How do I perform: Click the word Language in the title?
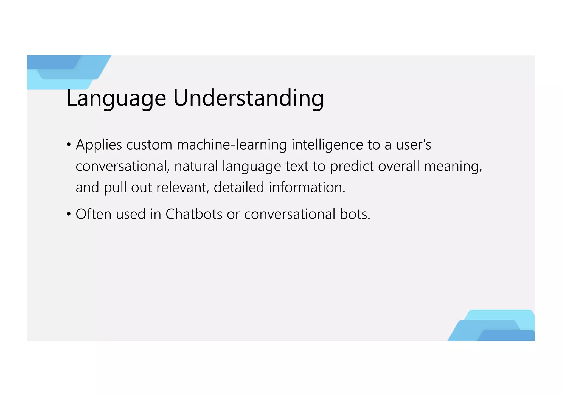coord(116,98)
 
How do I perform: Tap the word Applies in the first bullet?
coord(99,145)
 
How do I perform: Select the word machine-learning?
coord(232,145)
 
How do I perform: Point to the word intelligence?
coord(327,145)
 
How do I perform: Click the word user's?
coord(413,145)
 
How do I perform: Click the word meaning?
coord(453,166)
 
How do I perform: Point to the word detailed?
coord(239,187)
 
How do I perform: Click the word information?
coord(307,187)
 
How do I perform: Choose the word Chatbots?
coord(194,214)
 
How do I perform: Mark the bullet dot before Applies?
coord(69,145)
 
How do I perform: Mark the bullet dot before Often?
coord(69,214)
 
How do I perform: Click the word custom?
coord(149,145)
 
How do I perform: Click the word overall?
coord(399,166)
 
